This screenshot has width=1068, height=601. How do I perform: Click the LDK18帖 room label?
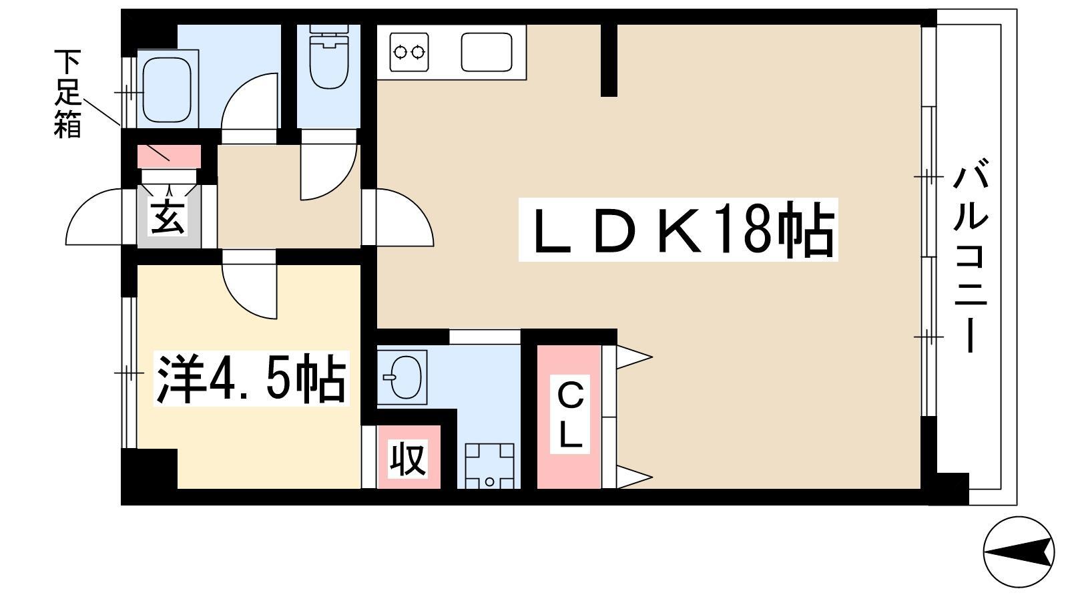678,230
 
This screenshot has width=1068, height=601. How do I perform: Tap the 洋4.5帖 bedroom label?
251,378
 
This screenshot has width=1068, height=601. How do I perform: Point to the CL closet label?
570,414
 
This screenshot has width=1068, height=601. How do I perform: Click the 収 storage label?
408,459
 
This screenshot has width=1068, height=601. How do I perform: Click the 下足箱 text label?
67,94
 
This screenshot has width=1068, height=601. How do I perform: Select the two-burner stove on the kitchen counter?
409,51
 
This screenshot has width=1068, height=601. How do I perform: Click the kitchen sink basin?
487,52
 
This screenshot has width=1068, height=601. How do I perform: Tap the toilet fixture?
329,57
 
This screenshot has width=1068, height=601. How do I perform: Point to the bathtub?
168,90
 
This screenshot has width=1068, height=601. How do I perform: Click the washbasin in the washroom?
403,377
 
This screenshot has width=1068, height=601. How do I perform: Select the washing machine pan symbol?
490,466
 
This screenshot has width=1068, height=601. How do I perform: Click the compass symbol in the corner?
1019,552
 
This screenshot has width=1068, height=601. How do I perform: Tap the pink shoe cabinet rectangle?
170,156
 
